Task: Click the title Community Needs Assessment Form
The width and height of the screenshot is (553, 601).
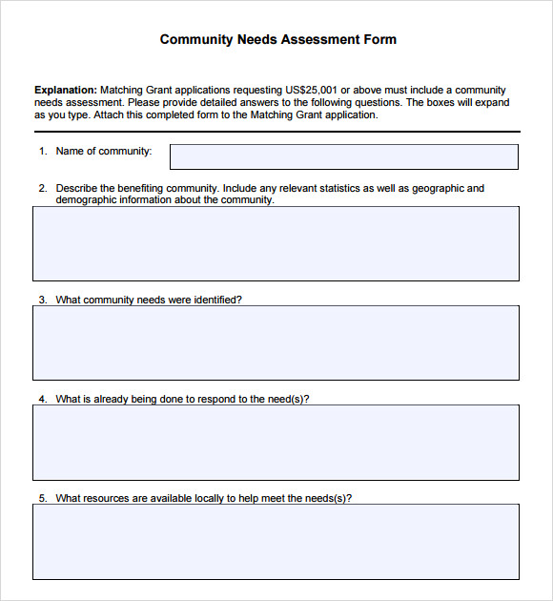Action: (277, 39)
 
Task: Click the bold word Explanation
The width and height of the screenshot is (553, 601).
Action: (65, 90)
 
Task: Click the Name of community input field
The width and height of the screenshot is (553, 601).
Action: (343, 156)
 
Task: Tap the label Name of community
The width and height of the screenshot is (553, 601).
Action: (104, 151)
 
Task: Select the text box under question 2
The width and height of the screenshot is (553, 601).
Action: (276, 243)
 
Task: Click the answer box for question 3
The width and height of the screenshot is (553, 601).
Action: (276, 342)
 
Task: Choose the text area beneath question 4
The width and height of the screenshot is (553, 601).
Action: (276, 442)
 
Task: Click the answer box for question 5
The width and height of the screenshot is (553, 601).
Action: (276, 541)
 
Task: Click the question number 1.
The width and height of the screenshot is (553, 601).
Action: (42, 151)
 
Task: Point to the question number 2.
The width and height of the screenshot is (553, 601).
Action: (42, 189)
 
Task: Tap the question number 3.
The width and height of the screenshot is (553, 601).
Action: (42, 300)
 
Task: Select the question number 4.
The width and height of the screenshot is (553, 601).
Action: (42, 399)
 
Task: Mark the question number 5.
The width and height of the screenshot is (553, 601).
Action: (42, 498)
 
